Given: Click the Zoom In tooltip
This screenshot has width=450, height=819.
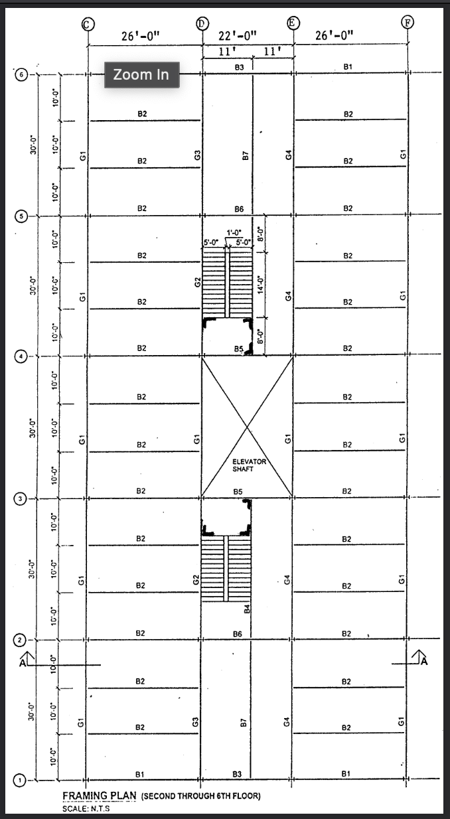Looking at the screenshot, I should (141, 75).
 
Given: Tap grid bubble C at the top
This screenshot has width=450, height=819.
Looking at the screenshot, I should (86, 24).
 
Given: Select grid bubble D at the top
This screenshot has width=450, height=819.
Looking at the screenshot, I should (202, 23).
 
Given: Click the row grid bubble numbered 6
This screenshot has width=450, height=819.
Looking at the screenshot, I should (21, 75).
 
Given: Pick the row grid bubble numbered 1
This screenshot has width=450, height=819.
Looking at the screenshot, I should (21, 781).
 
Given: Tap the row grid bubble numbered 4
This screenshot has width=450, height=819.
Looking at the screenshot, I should (21, 356).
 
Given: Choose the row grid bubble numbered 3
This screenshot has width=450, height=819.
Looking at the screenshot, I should (21, 499).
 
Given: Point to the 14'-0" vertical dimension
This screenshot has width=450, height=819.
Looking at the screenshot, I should (262, 285).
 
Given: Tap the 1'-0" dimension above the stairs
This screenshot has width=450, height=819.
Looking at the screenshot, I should (234, 232).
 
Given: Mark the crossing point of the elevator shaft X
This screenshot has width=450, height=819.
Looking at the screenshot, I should (248, 426).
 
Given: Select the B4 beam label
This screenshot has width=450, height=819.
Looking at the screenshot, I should (246, 608).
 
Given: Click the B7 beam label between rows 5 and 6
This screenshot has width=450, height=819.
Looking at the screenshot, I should (245, 156).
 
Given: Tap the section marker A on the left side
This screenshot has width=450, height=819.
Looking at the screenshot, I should (24, 661).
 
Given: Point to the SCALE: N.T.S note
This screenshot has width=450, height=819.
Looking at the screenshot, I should (86, 808).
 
